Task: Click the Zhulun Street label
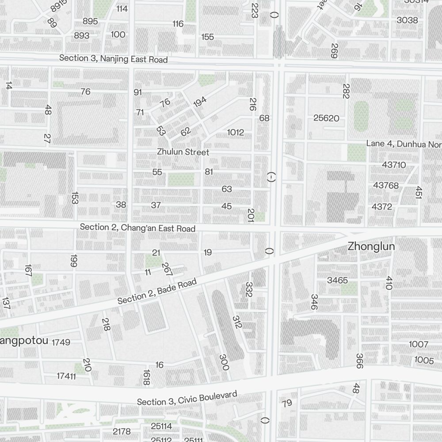click(183, 152)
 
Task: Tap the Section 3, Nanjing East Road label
click(114, 58)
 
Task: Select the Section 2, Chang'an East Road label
click(137, 228)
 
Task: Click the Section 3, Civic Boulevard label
click(187, 398)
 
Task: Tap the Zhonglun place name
click(371, 247)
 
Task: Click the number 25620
click(326, 118)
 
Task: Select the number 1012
click(236, 132)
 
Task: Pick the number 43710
click(394, 165)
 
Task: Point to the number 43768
click(386, 185)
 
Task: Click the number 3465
click(337, 280)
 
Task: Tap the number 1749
click(61, 342)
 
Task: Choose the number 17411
click(66, 376)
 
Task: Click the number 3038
click(407, 20)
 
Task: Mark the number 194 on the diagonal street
click(200, 103)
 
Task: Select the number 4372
click(381, 206)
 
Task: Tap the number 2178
click(122, 431)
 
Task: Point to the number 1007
click(419, 344)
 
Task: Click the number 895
click(90, 21)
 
